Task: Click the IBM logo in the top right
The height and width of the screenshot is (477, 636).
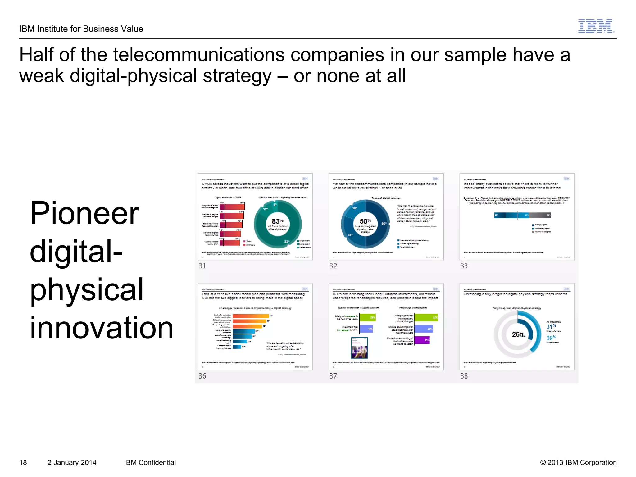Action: (x=596, y=26)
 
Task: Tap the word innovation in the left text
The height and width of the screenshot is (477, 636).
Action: (x=101, y=328)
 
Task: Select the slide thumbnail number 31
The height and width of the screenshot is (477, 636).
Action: (x=255, y=217)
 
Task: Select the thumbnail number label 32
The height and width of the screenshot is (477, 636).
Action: (x=333, y=266)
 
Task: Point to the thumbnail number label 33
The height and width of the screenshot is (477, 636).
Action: (x=464, y=266)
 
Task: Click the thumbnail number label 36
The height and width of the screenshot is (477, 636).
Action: (x=202, y=376)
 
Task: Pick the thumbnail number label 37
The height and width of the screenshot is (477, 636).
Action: (x=333, y=376)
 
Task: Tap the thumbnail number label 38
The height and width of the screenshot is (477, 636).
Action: (x=464, y=376)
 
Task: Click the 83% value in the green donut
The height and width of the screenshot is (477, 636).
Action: (x=277, y=221)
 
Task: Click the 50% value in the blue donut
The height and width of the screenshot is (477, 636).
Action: (x=365, y=221)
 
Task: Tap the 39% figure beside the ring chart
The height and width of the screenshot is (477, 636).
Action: (x=551, y=338)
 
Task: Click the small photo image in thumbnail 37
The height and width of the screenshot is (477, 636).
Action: (x=359, y=348)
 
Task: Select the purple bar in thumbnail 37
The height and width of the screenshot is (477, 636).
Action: (x=422, y=340)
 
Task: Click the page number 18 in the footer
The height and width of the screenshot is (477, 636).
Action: (x=23, y=462)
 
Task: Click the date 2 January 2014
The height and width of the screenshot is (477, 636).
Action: (x=72, y=462)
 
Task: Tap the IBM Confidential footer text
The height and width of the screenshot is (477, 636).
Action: (x=150, y=462)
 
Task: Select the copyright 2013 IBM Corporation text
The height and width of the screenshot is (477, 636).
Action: (x=578, y=462)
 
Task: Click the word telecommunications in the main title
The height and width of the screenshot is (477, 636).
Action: (x=199, y=55)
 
